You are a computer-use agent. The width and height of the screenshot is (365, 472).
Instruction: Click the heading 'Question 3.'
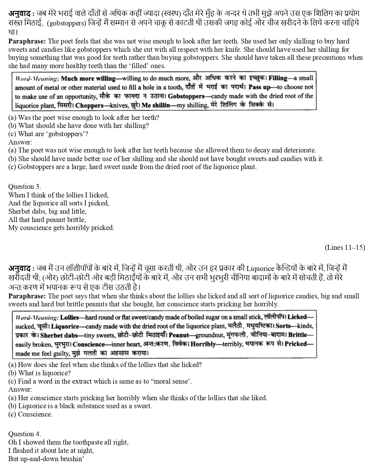(25, 187)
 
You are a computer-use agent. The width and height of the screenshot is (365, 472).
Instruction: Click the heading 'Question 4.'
(25, 434)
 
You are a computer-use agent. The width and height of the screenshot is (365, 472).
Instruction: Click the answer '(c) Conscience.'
(30, 414)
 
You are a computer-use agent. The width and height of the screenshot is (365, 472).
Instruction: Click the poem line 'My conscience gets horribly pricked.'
(61, 228)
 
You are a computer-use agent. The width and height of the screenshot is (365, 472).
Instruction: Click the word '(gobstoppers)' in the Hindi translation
(66, 23)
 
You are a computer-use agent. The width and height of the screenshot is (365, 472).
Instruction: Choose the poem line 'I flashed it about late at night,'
(51, 451)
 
